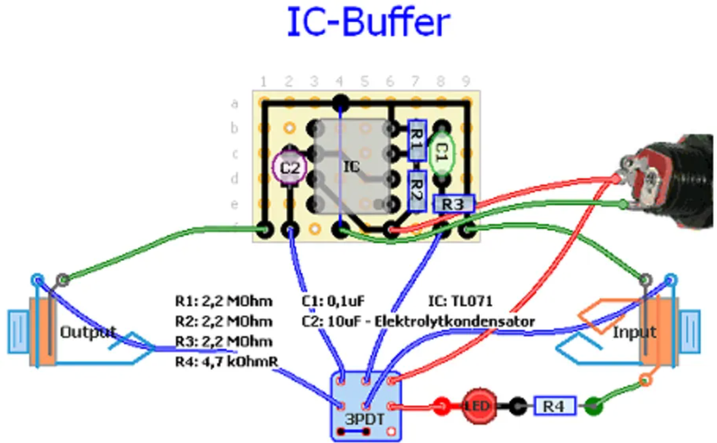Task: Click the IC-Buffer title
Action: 366,23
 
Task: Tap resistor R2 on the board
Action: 416,189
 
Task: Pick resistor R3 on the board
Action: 454,204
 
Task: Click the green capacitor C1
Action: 441,152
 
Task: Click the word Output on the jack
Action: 87,332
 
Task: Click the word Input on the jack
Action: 634,332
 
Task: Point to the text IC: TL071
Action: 460,300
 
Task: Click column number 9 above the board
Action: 465,80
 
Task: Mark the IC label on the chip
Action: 351,167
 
